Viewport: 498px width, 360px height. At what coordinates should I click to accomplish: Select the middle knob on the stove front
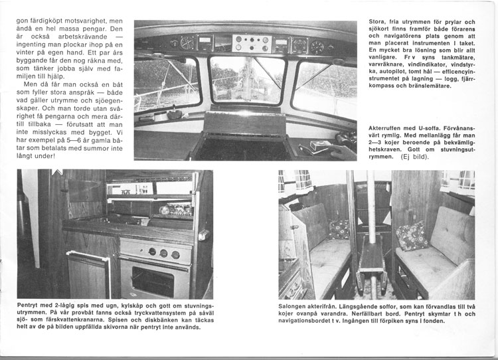click(x=163, y=252)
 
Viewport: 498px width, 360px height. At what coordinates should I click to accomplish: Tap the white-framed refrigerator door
click(x=92, y=273)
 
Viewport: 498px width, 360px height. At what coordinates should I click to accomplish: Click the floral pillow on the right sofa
click(x=412, y=236)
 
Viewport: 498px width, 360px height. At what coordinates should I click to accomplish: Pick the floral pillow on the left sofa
click(x=339, y=229)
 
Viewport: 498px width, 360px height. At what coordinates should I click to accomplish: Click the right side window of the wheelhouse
click(x=323, y=82)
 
